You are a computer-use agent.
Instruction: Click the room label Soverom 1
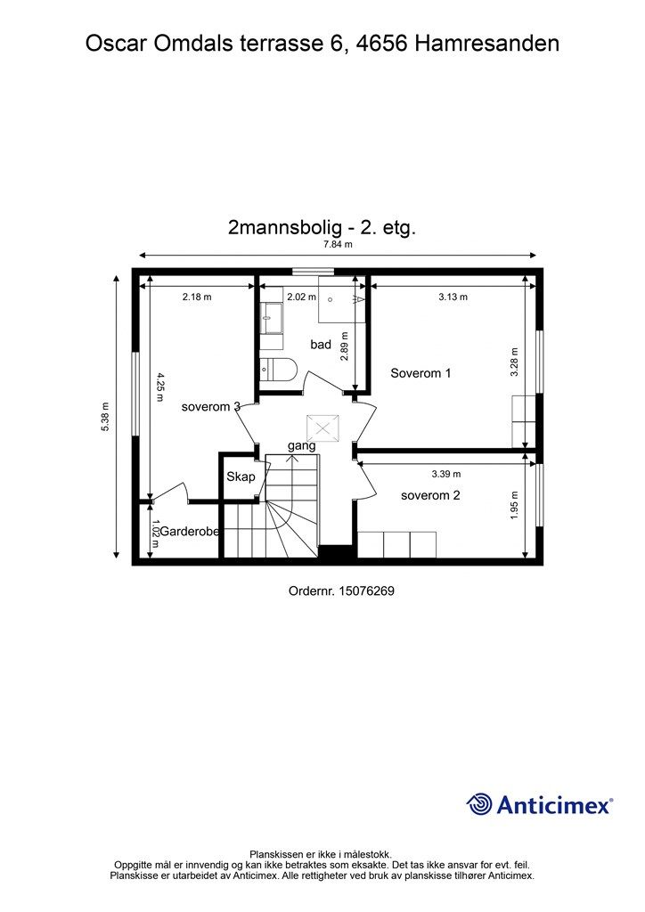tap(420, 373)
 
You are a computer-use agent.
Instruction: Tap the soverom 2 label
tap(430, 495)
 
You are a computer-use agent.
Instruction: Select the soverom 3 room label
tap(210, 407)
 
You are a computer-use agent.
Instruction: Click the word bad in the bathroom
tap(321, 345)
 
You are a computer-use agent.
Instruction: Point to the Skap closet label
tap(241, 476)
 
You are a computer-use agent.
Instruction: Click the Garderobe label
tap(190, 532)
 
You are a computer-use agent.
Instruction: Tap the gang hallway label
tap(301, 445)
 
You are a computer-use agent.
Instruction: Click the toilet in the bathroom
tap(277, 368)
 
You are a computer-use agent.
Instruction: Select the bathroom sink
tap(271, 318)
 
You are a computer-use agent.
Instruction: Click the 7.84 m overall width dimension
tap(338, 244)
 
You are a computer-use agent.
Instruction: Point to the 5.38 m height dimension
tap(105, 415)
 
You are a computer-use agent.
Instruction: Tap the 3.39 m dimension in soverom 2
tap(446, 474)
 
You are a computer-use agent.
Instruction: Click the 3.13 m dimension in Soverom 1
tap(453, 297)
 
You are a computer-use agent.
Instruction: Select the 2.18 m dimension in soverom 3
tap(197, 297)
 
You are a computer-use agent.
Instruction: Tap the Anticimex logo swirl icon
tap(479, 804)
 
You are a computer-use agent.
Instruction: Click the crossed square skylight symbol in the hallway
tap(319, 427)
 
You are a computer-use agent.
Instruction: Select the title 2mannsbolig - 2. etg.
tap(322, 227)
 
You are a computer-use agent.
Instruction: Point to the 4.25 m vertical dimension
tap(160, 387)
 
